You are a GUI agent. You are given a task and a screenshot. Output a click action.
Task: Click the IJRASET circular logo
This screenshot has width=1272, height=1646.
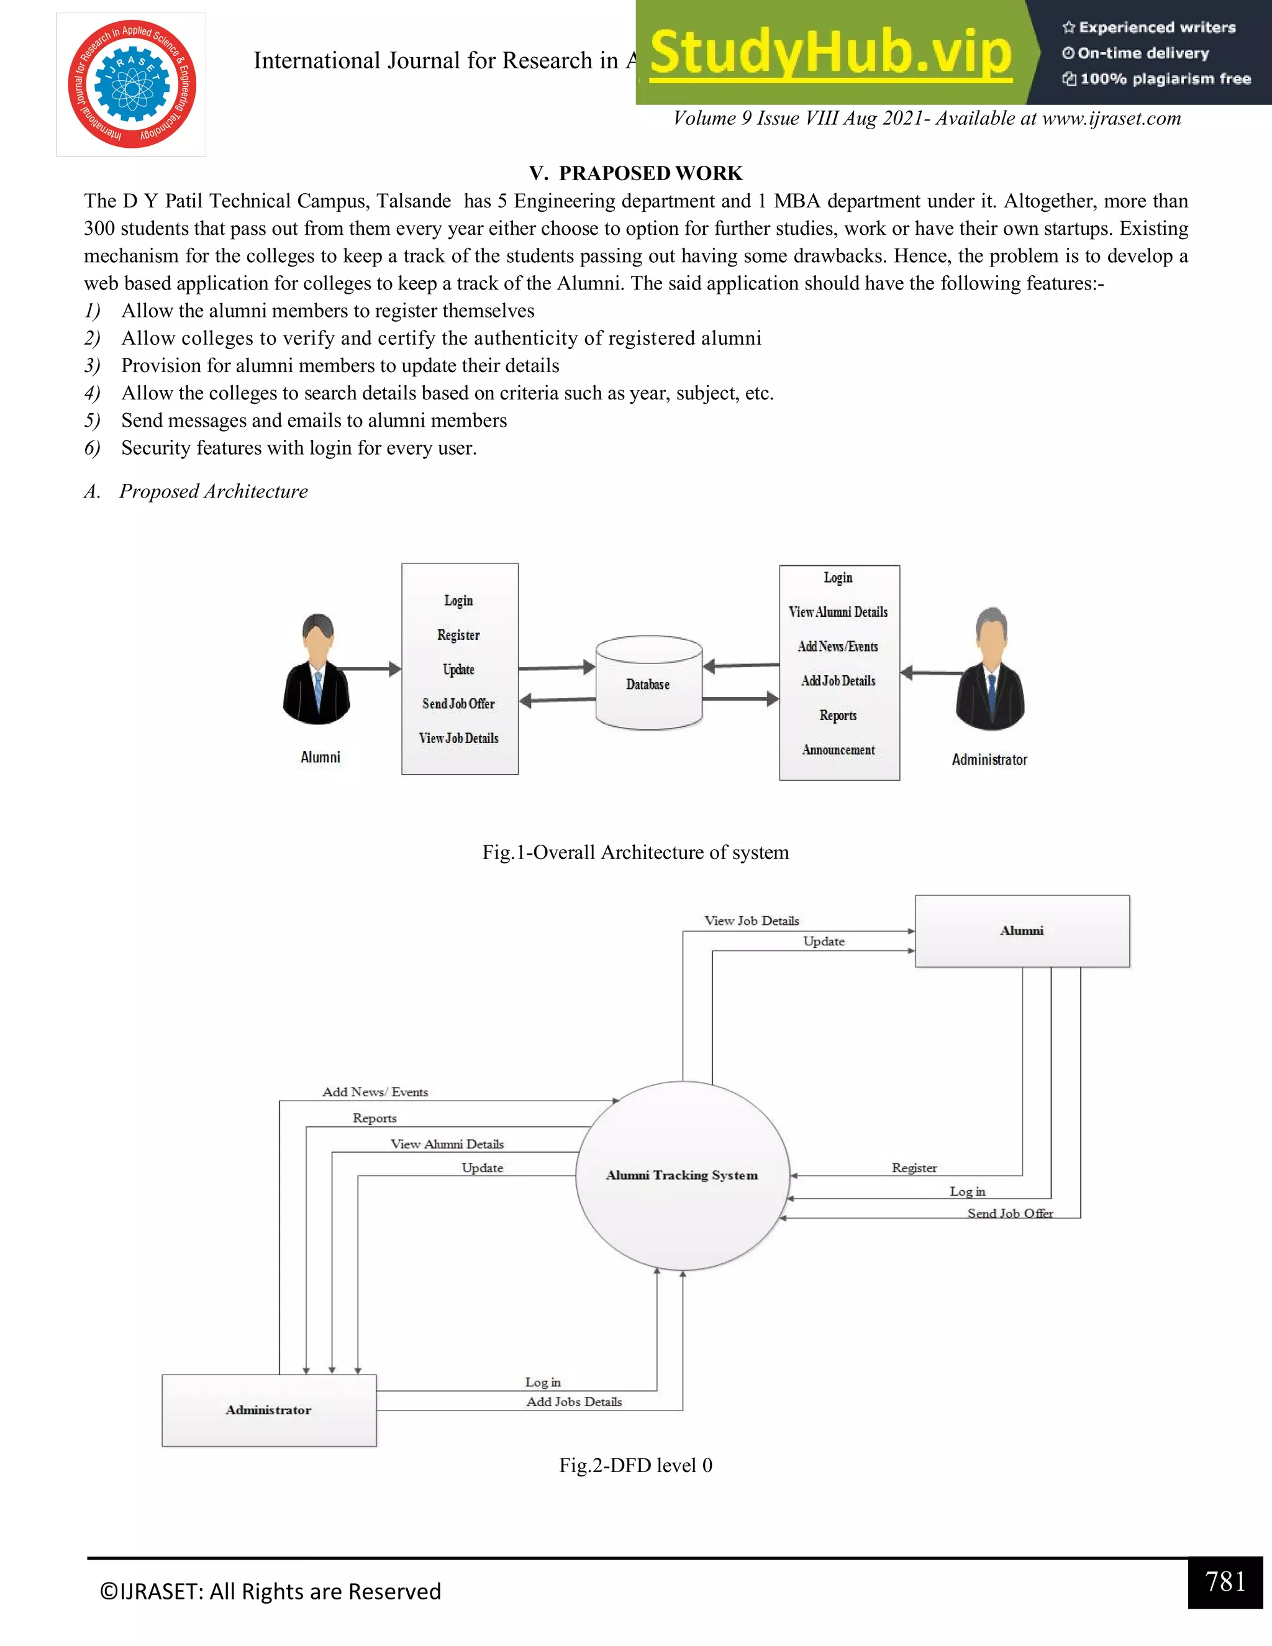coord(132,84)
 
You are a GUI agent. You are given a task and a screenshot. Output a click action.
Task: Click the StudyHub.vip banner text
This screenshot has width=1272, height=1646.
coord(830,53)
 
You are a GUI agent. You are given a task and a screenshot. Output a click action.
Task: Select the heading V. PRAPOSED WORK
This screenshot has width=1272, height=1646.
coord(635,173)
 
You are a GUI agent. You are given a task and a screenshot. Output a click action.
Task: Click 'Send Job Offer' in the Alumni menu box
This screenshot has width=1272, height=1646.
coord(458,704)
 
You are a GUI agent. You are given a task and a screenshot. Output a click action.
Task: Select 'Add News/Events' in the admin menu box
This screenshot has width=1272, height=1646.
coord(838,647)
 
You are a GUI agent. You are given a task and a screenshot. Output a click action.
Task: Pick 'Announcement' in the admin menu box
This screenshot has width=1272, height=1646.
coord(838,750)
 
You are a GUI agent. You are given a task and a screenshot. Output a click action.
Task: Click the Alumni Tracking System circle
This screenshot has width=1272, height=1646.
coord(682,1176)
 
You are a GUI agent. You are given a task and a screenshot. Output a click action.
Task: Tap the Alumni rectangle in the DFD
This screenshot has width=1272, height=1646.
coord(1022,931)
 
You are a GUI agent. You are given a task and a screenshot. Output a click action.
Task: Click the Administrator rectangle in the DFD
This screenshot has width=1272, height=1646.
coord(268,1410)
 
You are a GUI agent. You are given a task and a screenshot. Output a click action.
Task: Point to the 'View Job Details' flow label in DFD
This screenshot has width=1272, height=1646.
coord(752,921)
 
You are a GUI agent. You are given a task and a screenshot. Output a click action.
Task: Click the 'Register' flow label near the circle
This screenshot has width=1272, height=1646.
coord(914,1168)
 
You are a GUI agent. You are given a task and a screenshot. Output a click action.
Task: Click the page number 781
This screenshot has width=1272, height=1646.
coord(1225,1581)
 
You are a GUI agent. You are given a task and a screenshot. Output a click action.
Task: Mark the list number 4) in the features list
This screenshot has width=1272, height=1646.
coord(92,393)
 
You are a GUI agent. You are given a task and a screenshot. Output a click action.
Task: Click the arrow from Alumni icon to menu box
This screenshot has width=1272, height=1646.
coord(370,668)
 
